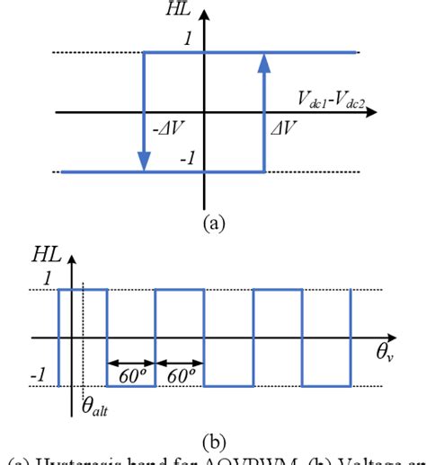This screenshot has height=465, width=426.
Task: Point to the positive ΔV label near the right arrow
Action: point(282,129)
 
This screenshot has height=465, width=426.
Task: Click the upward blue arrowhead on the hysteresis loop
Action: point(264,62)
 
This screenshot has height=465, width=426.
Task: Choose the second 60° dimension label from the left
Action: point(180,375)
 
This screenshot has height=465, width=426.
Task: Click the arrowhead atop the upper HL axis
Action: point(206,15)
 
